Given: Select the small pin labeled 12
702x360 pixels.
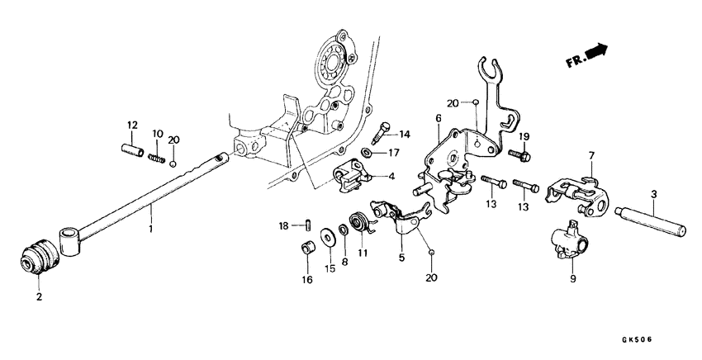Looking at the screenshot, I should (132, 153).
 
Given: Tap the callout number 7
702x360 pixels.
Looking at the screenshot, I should (591, 155).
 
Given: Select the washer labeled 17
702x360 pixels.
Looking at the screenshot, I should (365, 152).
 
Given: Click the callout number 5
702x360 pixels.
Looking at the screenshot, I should (402, 257).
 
